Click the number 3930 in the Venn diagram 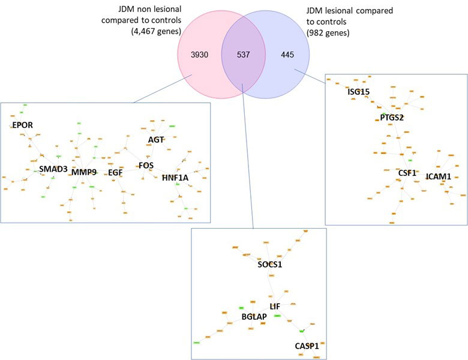pos(200,55)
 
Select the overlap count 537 pos(243,55)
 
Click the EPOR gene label pos(22,125)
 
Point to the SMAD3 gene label pos(53,169)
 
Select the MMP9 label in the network pos(83,173)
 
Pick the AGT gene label pos(156,140)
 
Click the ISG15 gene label pos(359,92)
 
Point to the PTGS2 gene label pos(392,118)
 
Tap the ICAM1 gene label pos(439,176)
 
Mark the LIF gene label pos(275,307)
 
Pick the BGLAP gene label pos(254,316)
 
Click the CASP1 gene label pos(307,346)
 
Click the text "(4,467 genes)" pos(152,31)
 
